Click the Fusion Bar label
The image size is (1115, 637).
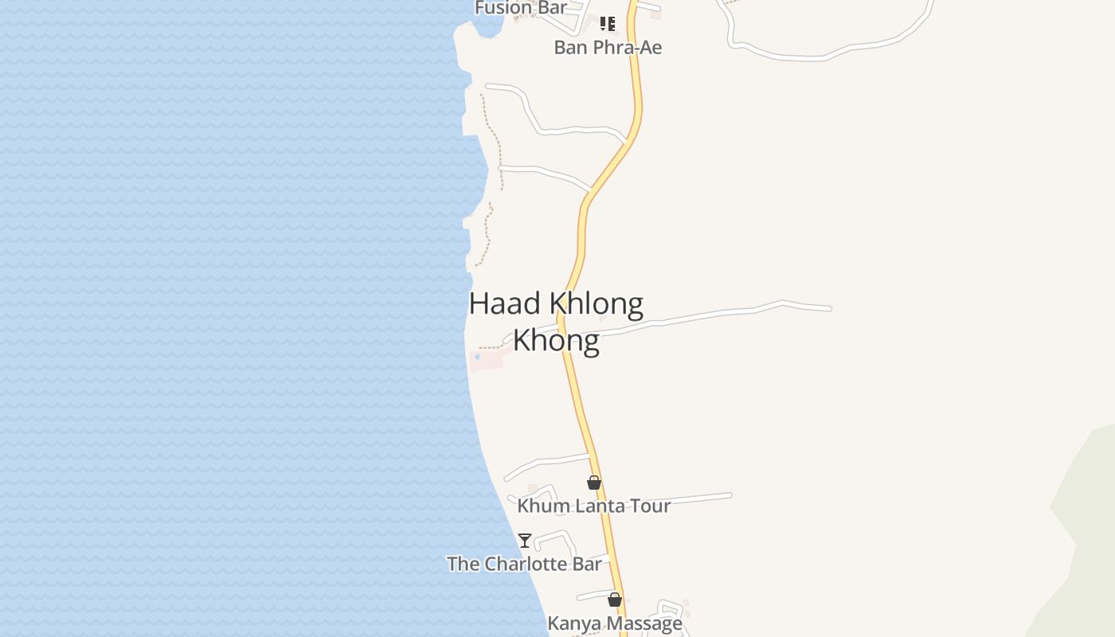[x=521, y=8]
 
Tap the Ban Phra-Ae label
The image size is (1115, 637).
[x=608, y=47]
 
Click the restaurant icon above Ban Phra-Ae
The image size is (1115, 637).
[x=607, y=24]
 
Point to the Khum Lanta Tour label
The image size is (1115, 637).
[x=593, y=506]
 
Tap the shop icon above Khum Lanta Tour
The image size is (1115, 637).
[x=593, y=483]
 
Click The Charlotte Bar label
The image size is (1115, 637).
[x=524, y=564]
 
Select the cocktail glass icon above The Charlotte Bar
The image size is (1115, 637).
[x=524, y=541]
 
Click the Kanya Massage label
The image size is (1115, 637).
[x=614, y=623]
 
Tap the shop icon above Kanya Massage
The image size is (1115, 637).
[x=614, y=600]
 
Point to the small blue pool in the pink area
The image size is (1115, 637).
[x=477, y=357]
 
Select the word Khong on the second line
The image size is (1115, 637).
[x=556, y=340]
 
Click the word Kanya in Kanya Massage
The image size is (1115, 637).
[x=570, y=623]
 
